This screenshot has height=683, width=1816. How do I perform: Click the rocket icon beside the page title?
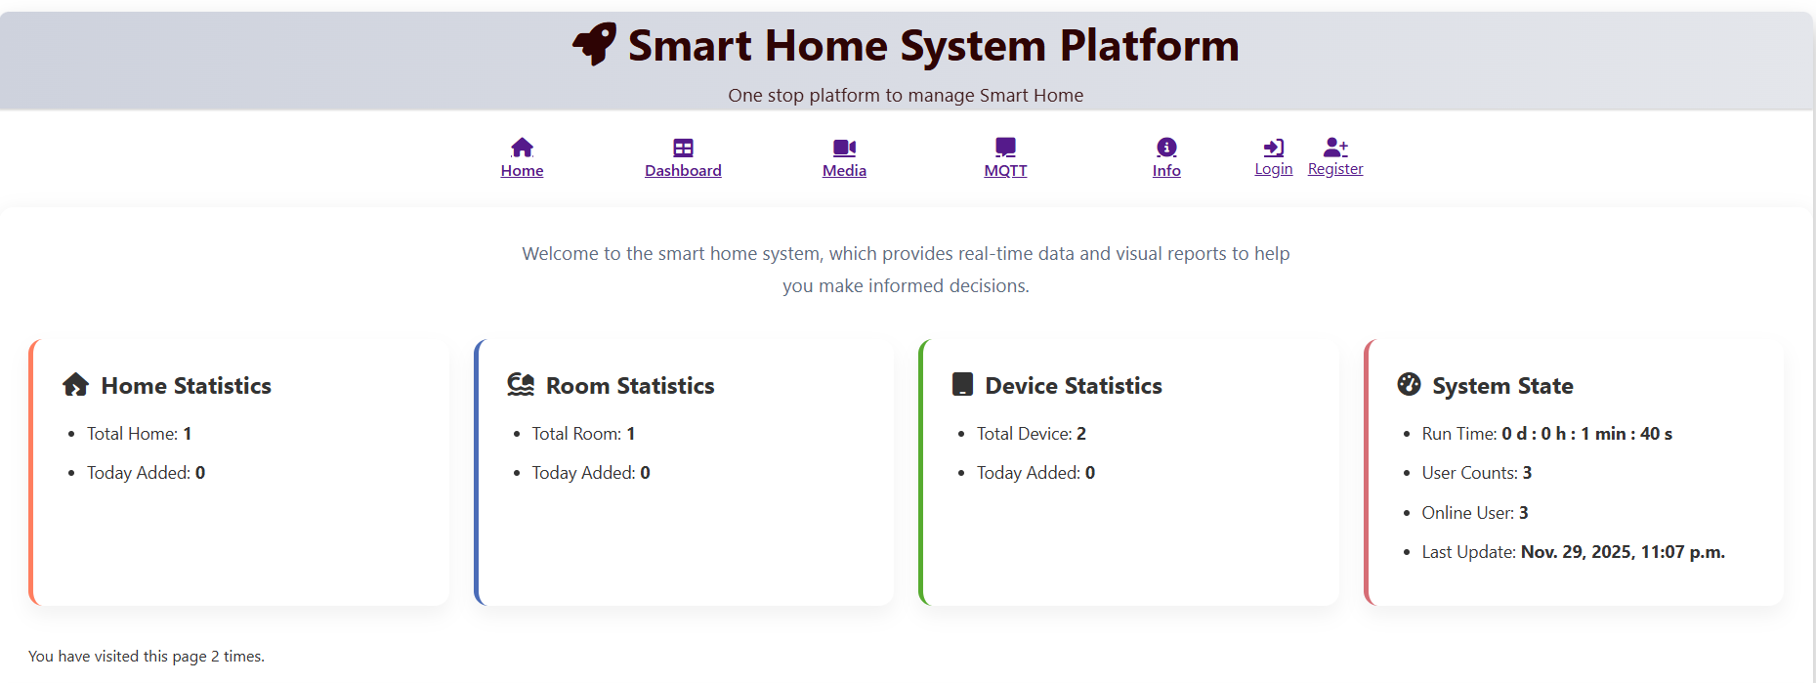tap(595, 44)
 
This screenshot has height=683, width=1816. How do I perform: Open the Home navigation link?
tap(522, 170)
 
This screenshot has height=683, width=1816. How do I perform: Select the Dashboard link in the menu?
tap(683, 170)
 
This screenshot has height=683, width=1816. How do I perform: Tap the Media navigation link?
tap(844, 170)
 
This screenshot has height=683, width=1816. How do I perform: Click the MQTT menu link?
tap(1005, 170)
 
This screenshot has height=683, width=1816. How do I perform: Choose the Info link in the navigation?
tap(1166, 170)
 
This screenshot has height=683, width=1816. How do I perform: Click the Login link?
tap(1274, 168)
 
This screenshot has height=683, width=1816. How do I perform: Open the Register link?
tap(1335, 168)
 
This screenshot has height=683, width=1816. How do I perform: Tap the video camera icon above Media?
tap(844, 148)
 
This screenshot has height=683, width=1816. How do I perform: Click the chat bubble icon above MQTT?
tap(1005, 148)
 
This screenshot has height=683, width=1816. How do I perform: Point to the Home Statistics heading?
tap(186, 386)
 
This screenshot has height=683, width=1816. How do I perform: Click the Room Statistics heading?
tap(630, 386)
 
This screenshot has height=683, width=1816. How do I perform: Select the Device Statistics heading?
tap(1074, 386)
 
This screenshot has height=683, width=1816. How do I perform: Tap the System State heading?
tap(1502, 386)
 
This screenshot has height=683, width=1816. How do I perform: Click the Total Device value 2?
tap(1081, 434)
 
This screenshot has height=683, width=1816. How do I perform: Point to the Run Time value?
tap(1587, 434)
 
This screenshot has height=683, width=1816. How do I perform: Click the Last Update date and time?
tap(1623, 552)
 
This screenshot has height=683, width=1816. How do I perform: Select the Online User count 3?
tap(1524, 513)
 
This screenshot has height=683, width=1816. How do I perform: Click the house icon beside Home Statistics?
tap(76, 384)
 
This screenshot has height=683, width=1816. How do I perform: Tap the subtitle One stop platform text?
tap(906, 95)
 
